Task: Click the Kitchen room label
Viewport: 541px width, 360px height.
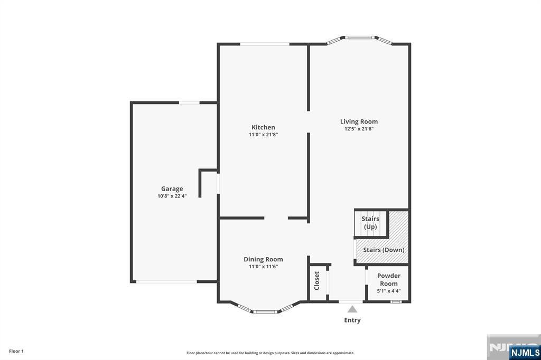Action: click(x=263, y=127)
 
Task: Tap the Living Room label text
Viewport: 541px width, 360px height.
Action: click(x=359, y=121)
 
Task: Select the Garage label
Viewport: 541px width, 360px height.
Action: click(x=172, y=188)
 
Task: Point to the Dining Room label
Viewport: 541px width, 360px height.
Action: click(x=263, y=259)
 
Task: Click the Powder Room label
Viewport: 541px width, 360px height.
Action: click(x=388, y=279)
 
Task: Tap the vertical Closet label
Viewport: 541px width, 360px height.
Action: click(x=317, y=280)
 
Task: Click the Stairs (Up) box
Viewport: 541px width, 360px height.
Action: click(x=370, y=223)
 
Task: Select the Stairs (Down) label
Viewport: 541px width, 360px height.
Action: click(x=384, y=250)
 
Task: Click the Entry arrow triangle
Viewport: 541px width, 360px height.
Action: click(x=352, y=309)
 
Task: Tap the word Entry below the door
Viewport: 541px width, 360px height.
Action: click(x=352, y=320)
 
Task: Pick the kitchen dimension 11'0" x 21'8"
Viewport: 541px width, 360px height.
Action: click(x=263, y=135)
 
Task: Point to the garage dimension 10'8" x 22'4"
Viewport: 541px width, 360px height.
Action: click(x=172, y=196)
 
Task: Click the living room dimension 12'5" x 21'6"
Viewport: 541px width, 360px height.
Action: click(x=359, y=129)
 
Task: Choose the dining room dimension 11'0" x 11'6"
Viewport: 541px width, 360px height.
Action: click(x=263, y=267)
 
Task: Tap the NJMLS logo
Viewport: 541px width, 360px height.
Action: click(x=525, y=352)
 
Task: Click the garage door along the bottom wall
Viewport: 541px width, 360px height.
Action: click(x=166, y=281)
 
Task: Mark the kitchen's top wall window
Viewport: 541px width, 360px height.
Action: click(x=265, y=44)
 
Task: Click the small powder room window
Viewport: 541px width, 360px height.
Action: click(x=395, y=301)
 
